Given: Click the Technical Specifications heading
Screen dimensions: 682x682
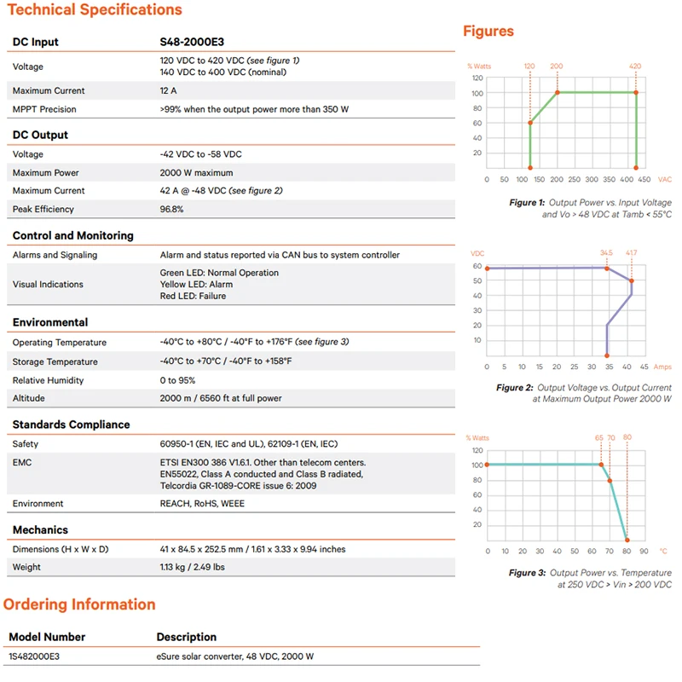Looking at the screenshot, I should [x=92, y=10].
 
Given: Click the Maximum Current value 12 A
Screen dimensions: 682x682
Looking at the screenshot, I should [x=169, y=90].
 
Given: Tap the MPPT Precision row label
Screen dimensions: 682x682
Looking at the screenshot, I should [x=44, y=109].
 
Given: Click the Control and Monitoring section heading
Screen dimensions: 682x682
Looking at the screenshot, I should [x=72, y=235].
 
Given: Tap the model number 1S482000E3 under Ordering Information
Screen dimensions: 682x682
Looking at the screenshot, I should [x=35, y=656].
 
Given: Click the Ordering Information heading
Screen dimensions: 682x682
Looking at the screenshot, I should [x=79, y=604].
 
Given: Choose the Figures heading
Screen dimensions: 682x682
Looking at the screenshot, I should [x=488, y=32].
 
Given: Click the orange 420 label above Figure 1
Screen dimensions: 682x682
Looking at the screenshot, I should [x=635, y=66].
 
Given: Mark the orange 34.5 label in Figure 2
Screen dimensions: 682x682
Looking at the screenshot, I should [x=606, y=253].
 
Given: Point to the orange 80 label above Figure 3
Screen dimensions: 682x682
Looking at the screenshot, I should [x=627, y=437].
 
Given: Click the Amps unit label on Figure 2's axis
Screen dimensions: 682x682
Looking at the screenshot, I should [x=662, y=367].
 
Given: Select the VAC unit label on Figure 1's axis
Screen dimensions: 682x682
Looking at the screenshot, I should [x=665, y=180].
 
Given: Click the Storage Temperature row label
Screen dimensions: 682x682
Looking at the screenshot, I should [x=55, y=361].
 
